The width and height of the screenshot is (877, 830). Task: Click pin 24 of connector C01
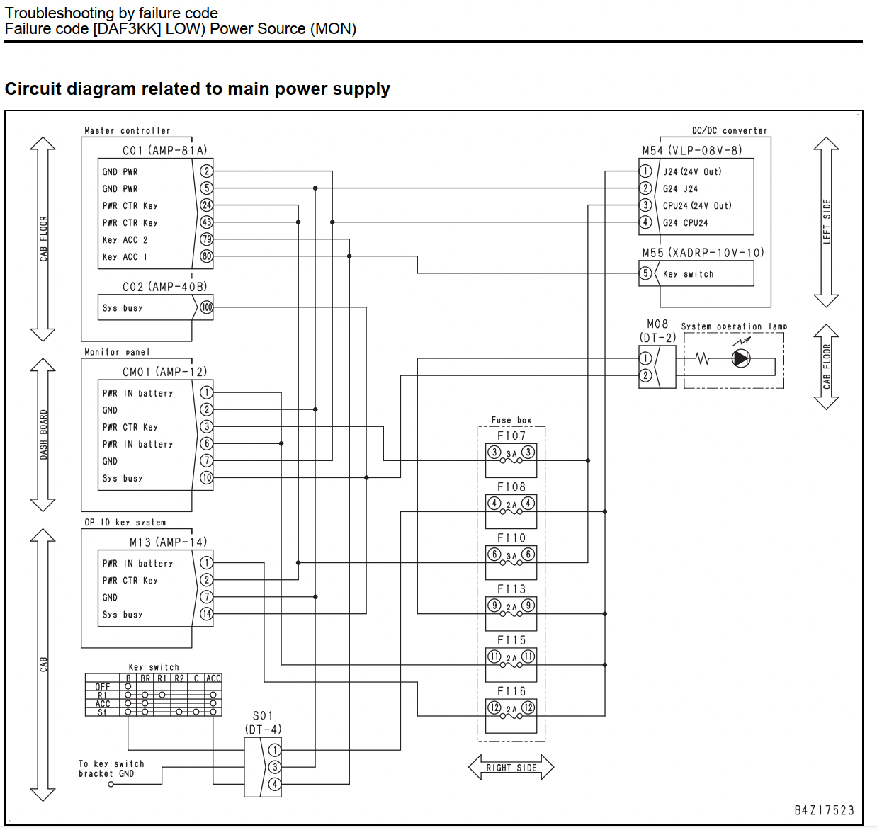point(206,205)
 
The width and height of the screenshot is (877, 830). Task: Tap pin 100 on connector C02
point(207,307)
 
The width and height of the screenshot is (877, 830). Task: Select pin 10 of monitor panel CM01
point(206,477)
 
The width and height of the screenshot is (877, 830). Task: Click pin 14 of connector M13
point(206,614)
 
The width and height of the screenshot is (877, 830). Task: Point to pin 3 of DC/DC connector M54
point(645,205)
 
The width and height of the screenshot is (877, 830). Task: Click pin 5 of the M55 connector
point(645,273)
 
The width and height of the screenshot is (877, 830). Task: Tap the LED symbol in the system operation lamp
point(741,358)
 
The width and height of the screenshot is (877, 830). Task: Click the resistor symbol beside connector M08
point(702,358)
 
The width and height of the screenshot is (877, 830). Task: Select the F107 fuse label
point(511,436)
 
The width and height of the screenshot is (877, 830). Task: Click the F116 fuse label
point(511,691)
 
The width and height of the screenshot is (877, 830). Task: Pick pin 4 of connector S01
point(274,784)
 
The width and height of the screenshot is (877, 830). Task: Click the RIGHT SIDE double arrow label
point(511,768)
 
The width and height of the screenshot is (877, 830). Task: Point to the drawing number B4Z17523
point(824,810)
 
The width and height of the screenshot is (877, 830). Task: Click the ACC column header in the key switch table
point(213,678)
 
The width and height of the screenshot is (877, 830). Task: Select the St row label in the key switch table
point(102,712)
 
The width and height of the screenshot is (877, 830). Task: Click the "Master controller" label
point(127,131)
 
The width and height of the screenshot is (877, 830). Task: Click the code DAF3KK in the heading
point(127,29)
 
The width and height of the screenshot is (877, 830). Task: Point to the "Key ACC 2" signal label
point(125,240)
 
